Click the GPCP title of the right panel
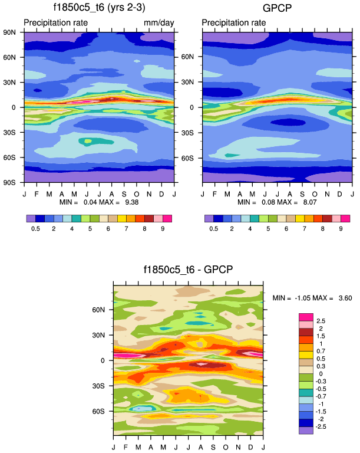click(x=277, y=8)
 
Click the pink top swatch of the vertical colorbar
click(x=306, y=316)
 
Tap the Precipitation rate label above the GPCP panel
click(x=233, y=22)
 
